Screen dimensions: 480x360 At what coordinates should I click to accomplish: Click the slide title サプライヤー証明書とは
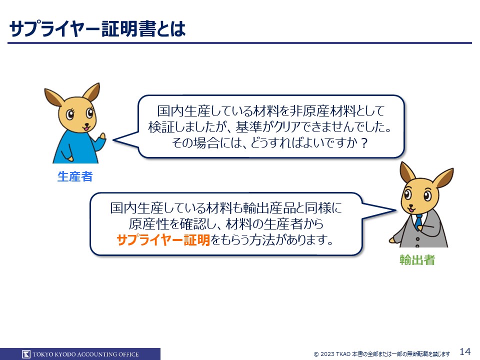point(97,29)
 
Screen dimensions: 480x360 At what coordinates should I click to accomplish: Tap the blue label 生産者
point(75,176)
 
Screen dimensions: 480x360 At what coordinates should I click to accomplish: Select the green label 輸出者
point(417,260)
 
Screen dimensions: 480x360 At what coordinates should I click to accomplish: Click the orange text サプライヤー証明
point(163,239)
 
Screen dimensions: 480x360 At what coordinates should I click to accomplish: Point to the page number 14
point(465,351)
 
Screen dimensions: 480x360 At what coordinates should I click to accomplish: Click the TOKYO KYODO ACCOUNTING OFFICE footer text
point(85,354)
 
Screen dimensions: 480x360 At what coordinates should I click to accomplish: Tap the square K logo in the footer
point(26,354)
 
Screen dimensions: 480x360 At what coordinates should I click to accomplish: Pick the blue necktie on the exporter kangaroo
point(418,221)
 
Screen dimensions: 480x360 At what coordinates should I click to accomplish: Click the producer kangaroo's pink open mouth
point(87,128)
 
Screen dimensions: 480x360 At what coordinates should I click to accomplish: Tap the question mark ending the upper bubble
point(364,143)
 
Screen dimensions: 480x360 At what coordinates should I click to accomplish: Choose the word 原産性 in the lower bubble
point(148,224)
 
